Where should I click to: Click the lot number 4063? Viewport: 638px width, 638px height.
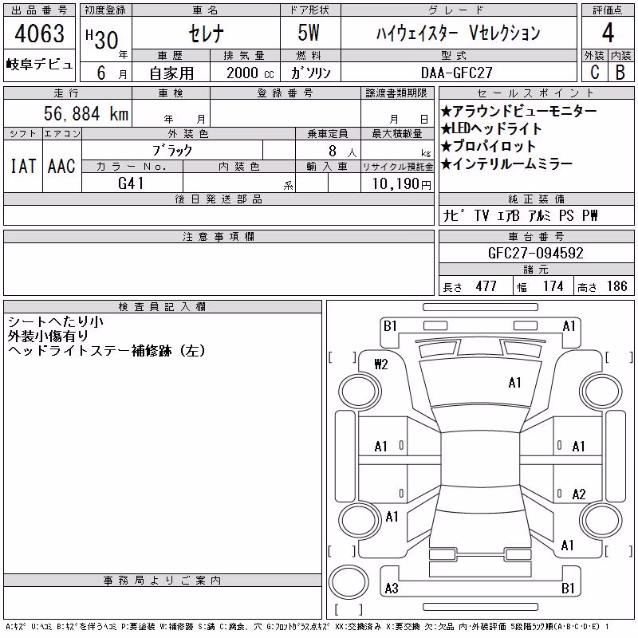39,33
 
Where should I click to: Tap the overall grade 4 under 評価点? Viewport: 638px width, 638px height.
608,33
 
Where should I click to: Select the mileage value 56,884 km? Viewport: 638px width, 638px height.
86,113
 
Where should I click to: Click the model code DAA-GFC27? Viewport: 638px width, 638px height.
456,73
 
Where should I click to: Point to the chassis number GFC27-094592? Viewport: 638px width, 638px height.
535,253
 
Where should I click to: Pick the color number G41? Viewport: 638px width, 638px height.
131,183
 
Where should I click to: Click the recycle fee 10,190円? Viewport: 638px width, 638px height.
401,184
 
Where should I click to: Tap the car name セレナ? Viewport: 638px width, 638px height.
206,33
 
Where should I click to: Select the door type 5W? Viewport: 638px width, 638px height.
309,33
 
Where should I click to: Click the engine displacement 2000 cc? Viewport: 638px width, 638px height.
250,73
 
